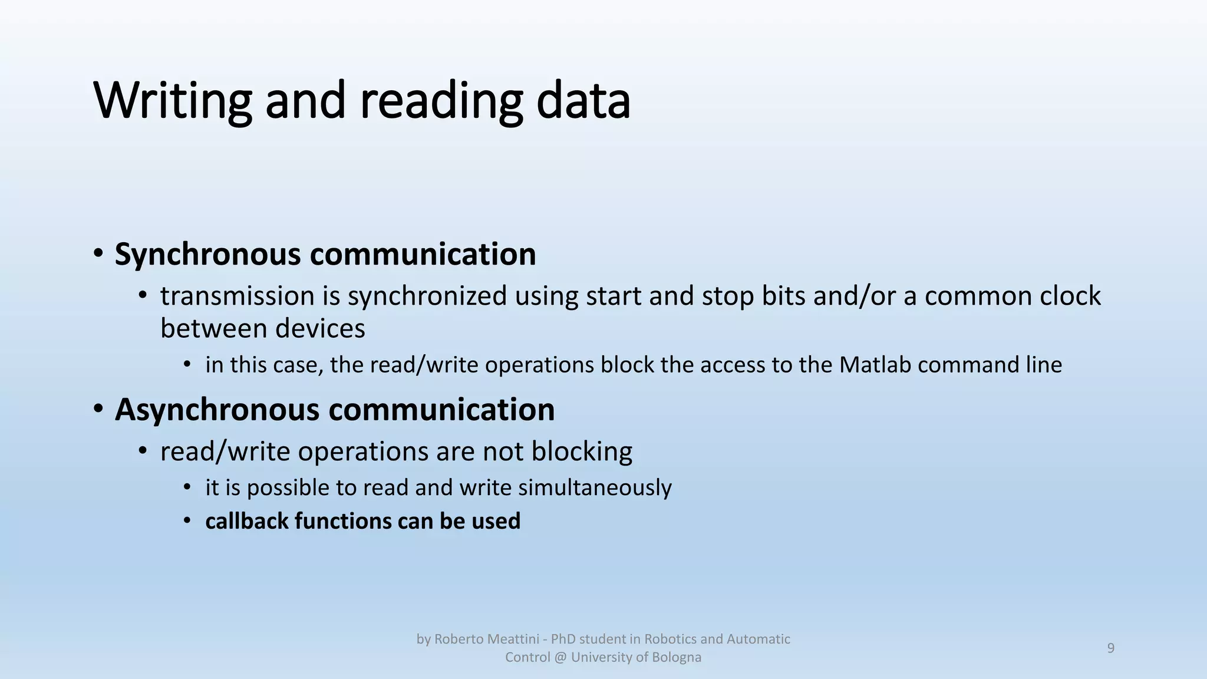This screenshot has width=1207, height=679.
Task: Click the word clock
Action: [1071, 296]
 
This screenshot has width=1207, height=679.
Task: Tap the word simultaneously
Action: [595, 487]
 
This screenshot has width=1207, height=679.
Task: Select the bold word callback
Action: [247, 521]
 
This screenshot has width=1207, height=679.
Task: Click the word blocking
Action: [582, 451]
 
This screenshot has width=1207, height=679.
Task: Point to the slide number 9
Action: [1111, 648]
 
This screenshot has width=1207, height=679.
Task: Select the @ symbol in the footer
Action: [560, 657]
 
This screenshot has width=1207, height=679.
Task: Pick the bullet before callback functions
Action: [187, 521]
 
